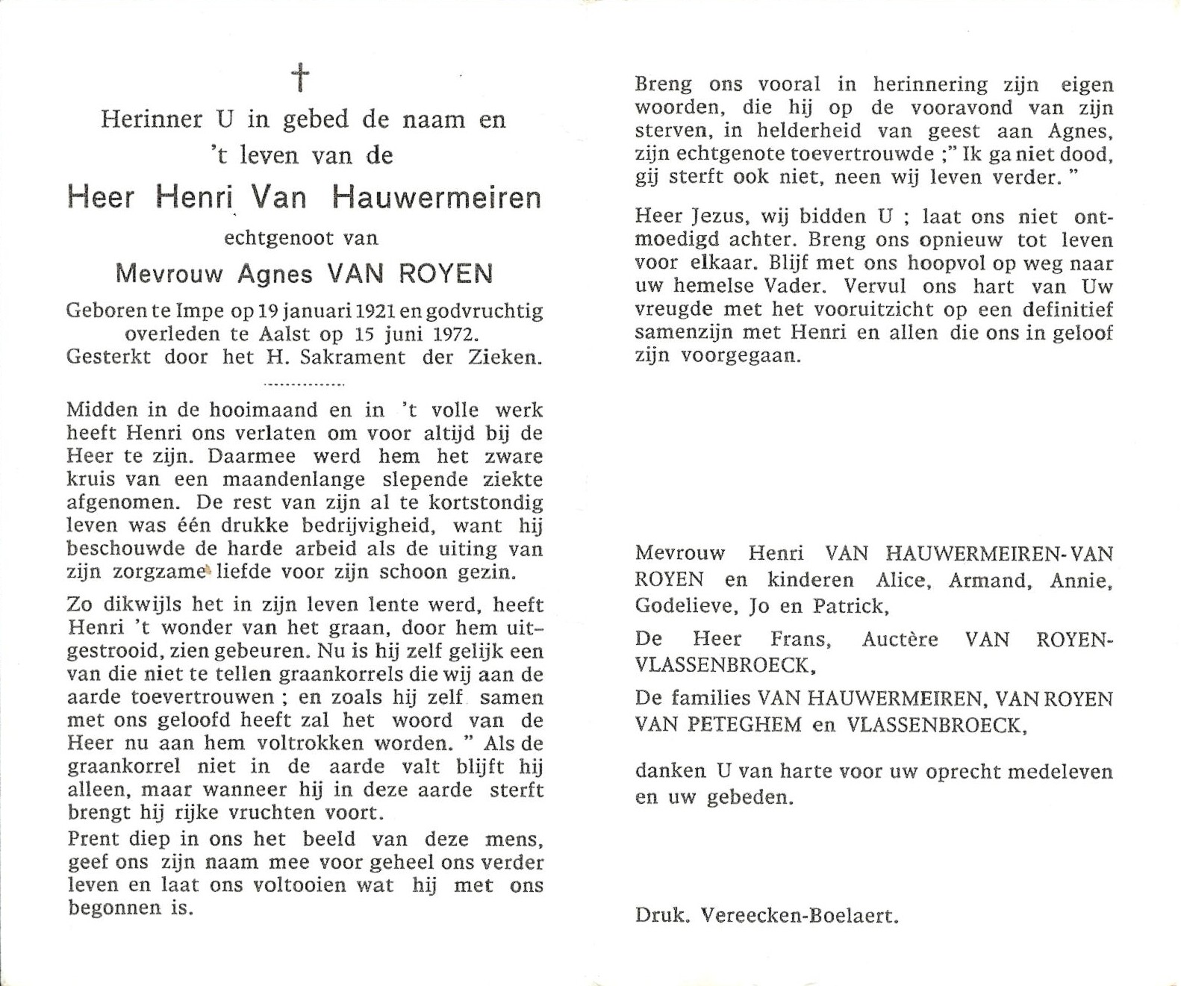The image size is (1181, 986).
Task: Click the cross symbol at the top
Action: point(300,78)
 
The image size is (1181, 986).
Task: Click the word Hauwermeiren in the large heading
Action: point(437,198)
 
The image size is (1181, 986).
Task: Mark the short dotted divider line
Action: point(305,384)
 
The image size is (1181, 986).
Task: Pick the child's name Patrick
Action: point(849,606)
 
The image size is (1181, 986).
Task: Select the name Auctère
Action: point(900,640)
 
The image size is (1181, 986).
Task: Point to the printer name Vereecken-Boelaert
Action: point(800,916)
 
